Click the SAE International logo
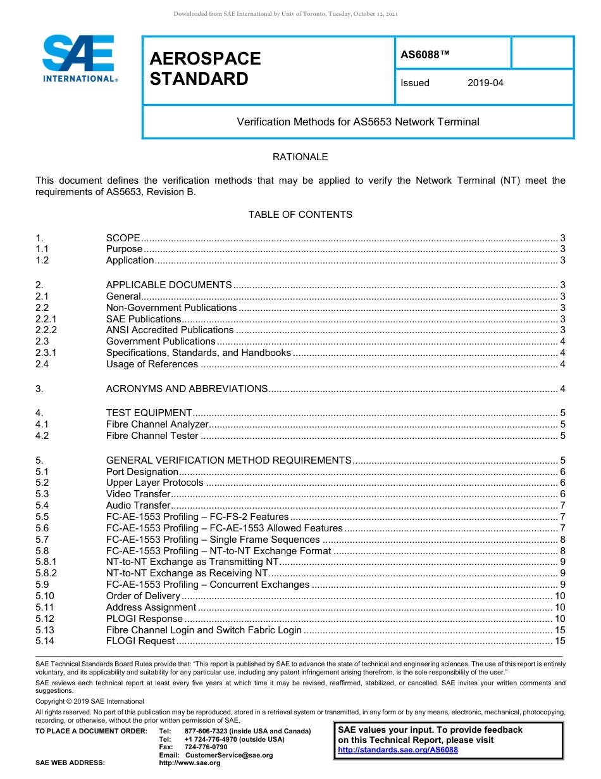78,58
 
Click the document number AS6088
424,55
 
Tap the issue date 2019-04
485,83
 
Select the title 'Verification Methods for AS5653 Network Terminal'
358,122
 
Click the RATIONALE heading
300,157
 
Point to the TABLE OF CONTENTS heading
300,215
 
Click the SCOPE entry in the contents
123,238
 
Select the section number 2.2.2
46,330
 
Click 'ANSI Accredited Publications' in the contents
170,330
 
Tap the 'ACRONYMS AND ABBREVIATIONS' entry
187,389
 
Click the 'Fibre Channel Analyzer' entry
157,424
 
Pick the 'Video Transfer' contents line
138,494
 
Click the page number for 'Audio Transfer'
562,505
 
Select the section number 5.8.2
46,573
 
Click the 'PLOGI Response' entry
144,619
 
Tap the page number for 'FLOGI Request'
559,641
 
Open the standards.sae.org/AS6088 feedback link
398,750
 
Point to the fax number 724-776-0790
206,747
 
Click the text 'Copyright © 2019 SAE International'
90,702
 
